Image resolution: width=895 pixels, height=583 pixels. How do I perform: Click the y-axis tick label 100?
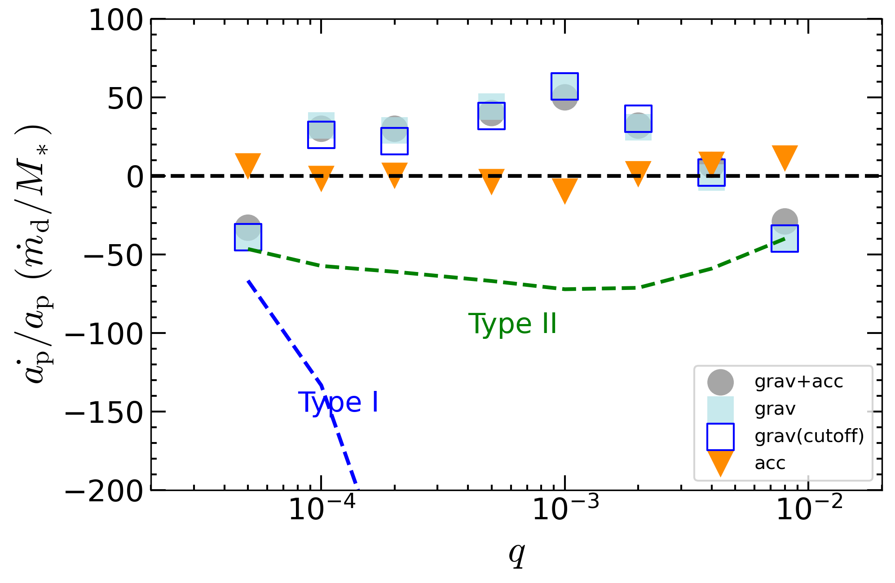click(x=116, y=21)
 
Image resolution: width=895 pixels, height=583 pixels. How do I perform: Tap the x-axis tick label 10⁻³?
click(x=565, y=509)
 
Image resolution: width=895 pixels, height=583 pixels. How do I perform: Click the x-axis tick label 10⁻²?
click(x=809, y=509)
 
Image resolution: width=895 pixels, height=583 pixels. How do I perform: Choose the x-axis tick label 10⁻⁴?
click(x=322, y=509)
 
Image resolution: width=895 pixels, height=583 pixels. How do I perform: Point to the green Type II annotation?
click(x=512, y=324)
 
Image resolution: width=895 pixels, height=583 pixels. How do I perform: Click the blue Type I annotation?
click(x=338, y=402)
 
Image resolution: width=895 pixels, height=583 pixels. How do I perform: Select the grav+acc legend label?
click(x=798, y=381)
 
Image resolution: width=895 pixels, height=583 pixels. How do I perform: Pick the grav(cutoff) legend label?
click(x=809, y=436)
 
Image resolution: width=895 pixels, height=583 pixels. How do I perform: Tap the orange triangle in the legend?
click(x=720, y=463)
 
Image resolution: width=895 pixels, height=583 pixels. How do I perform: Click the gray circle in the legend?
click(x=720, y=382)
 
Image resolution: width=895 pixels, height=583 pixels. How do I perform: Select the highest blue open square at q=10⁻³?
click(x=564, y=86)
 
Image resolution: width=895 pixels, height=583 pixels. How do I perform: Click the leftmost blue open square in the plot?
click(x=248, y=237)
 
